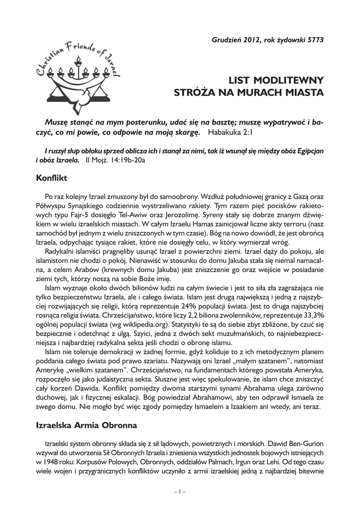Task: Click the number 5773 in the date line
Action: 314,39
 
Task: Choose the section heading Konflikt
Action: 52,178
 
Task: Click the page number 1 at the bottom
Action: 180,491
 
